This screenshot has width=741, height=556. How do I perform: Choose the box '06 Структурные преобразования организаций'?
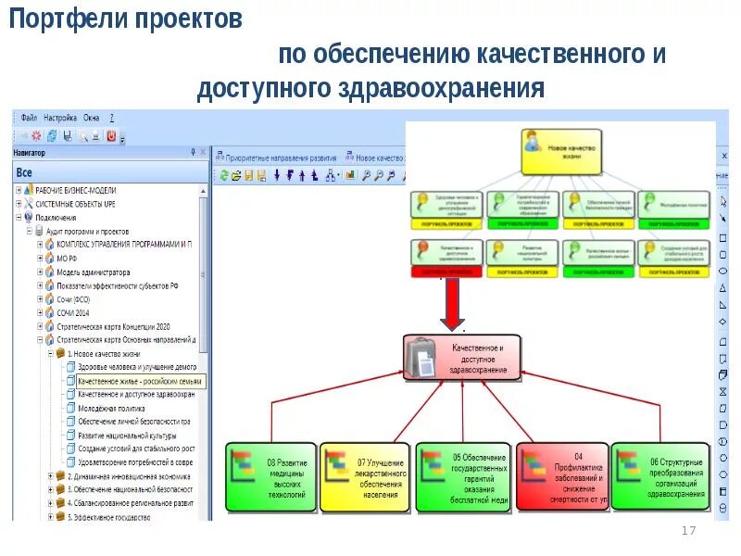(x=658, y=476)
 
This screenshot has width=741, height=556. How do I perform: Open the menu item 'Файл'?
(x=29, y=119)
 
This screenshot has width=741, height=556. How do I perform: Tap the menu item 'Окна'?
(x=92, y=119)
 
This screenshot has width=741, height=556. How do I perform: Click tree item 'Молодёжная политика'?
(x=111, y=408)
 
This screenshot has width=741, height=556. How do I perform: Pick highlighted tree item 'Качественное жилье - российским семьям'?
(x=140, y=381)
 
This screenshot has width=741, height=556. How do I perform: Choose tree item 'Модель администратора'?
(x=93, y=272)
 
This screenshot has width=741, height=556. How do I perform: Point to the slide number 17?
(x=687, y=530)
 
